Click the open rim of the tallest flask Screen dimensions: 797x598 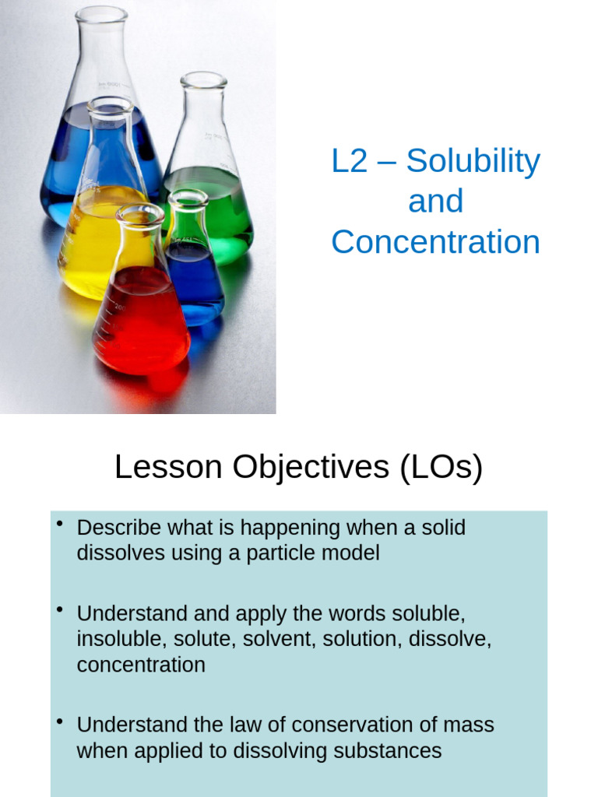pyautogui.click(x=101, y=13)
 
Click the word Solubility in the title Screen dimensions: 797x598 pyautogui.click(x=473, y=161)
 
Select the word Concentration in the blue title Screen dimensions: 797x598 pyautogui.click(x=435, y=242)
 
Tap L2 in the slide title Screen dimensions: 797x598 pyautogui.click(x=349, y=161)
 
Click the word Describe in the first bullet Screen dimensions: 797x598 pyautogui.click(x=120, y=528)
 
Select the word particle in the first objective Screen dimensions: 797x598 pyautogui.click(x=289, y=553)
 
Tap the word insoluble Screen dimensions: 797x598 pyautogui.click(x=120, y=640)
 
